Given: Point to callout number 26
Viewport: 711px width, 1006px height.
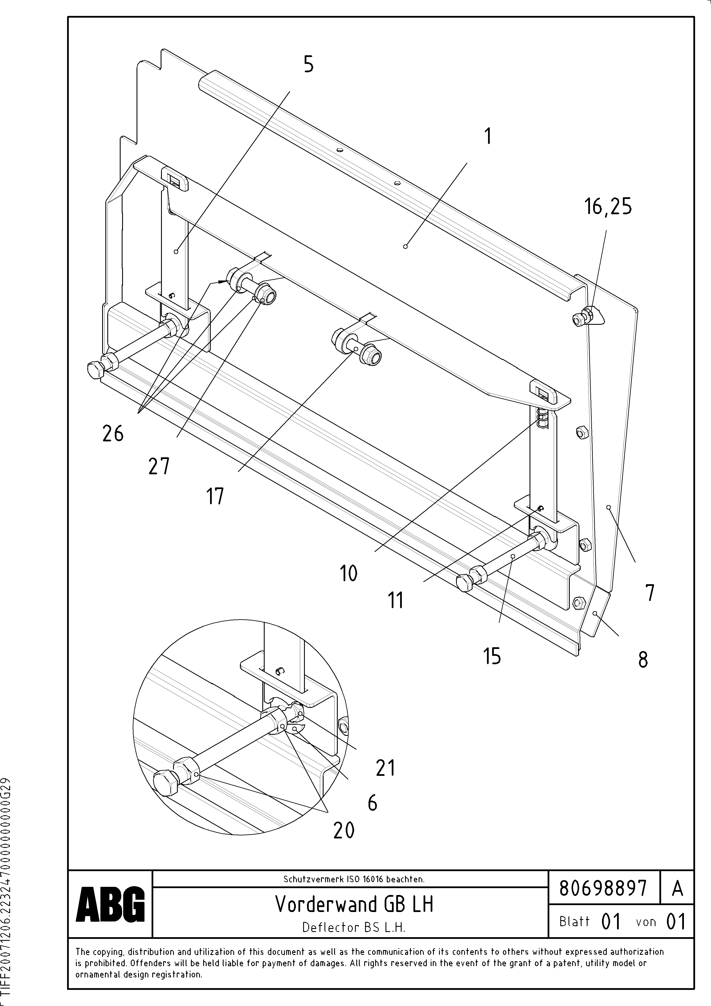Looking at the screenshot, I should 113,434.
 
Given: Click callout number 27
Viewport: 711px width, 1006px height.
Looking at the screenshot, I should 159,466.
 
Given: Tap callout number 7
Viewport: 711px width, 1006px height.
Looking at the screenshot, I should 650,593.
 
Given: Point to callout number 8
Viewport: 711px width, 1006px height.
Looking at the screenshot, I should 643,660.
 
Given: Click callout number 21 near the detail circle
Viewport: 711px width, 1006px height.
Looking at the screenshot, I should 385,768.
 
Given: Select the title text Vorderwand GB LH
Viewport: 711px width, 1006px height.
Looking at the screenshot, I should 354,904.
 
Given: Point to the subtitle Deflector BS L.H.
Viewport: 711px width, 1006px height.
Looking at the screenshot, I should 353,927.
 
